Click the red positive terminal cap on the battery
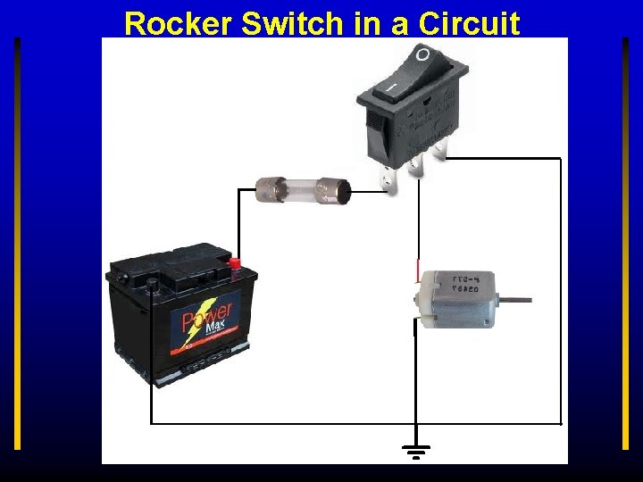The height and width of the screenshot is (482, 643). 236,263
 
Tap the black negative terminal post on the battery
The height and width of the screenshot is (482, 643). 152,285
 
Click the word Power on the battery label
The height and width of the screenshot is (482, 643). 206,317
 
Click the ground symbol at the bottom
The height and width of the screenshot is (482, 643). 416,451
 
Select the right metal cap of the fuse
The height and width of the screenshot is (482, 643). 336,189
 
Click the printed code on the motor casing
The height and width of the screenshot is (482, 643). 464,284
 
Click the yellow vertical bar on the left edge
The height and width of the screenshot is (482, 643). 17,241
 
